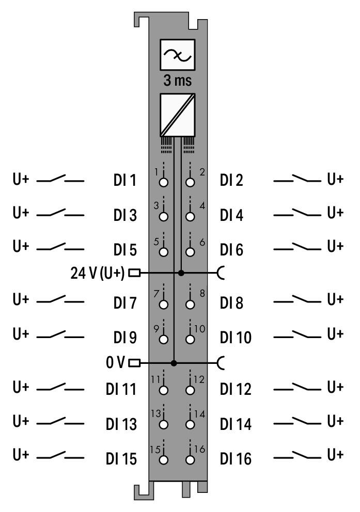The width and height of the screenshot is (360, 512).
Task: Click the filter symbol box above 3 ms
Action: tap(177, 55)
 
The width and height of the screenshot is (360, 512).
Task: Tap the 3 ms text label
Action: tap(177, 81)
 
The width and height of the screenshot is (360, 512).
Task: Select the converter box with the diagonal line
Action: tap(177, 115)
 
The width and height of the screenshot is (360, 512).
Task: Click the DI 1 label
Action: tap(124, 180)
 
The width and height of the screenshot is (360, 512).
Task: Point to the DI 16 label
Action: tap(236, 459)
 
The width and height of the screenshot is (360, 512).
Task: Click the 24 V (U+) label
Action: tap(97, 273)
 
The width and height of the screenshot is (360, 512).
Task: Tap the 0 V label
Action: tap(115, 362)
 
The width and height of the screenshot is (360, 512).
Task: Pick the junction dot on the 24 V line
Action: tap(181, 273)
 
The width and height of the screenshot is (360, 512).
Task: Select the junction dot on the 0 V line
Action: tap(174, 363)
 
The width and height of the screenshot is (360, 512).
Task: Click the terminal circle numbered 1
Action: tap(164, 182)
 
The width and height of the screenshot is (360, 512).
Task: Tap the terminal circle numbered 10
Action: tap(190, 339)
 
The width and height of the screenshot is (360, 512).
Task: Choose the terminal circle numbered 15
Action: tap(164, 460)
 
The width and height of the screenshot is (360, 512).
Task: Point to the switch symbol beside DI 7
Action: tap(60, 299)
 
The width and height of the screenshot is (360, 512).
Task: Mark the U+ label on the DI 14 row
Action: tap(335, 421)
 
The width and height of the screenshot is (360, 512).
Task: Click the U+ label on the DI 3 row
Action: tap(21, 213)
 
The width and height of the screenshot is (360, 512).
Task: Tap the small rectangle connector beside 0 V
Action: tap(134, 363)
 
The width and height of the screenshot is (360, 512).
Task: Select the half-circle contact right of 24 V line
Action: tap(221, 273)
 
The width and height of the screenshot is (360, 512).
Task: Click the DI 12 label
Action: tap(236, 389)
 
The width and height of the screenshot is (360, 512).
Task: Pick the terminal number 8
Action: tap(202, 293)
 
